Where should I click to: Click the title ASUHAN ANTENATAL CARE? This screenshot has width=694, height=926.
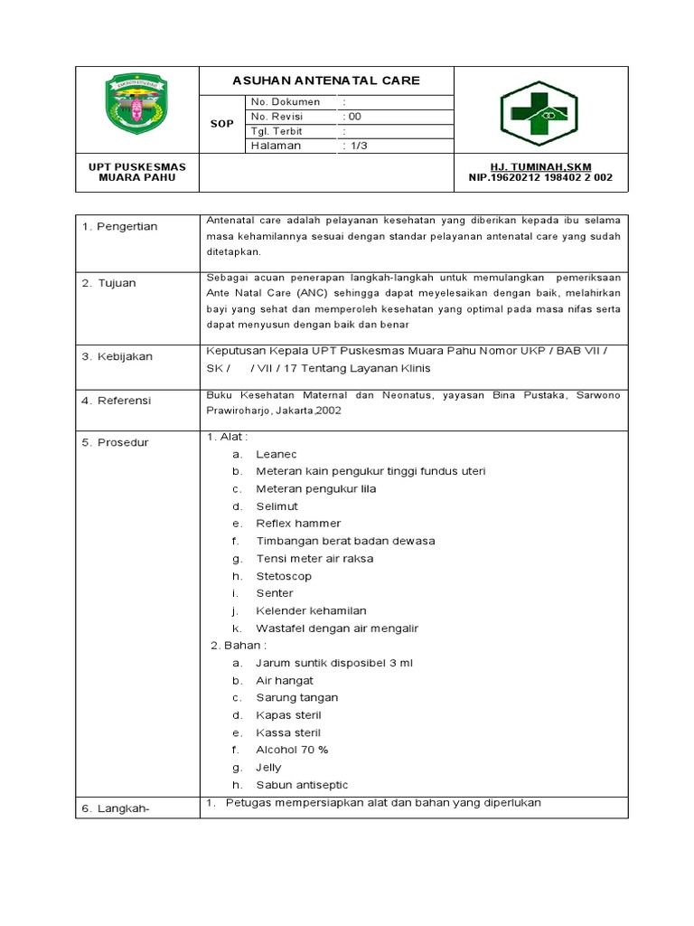(x=325, y=80)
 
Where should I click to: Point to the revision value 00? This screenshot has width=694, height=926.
(x=352, y=117)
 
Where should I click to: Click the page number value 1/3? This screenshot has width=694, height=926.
(x=354, y=146)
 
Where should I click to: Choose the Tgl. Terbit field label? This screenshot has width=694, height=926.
(x=277, y=131)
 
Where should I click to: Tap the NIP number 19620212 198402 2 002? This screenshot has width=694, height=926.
(x=539, y=178)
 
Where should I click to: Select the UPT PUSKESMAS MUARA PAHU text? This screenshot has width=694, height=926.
(x=136, y=173)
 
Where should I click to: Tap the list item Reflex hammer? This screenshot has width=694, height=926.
(x=298, y=524)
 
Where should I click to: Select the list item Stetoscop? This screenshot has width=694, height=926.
(x=284, y=576)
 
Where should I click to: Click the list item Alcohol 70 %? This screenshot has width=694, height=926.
(x=292, y=750)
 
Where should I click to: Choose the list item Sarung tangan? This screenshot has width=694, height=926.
(x=296, y=698)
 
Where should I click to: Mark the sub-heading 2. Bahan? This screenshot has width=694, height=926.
(x=239, y=646)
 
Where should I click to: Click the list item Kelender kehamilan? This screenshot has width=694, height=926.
(x=311, y=610)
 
